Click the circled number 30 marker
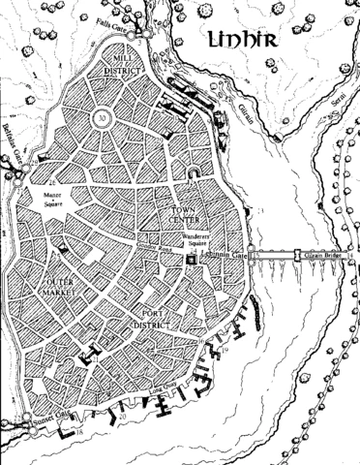tap(103, 118)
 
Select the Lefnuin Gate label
tap(227, 255)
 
